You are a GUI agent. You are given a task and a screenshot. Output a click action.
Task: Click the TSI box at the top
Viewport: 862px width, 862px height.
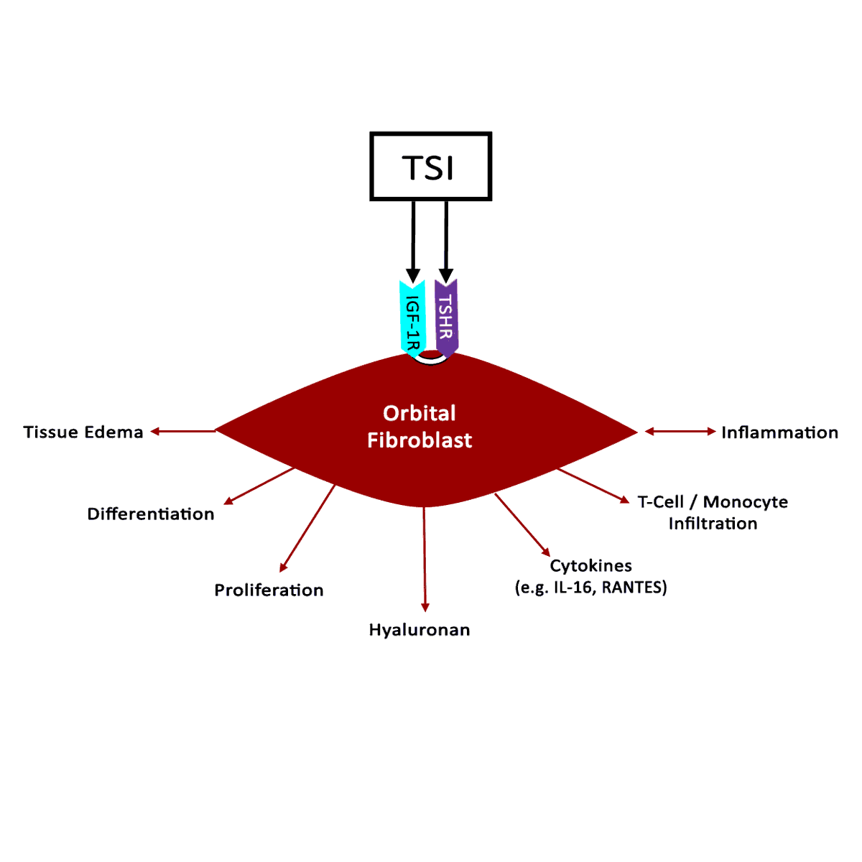(x=430, y=166)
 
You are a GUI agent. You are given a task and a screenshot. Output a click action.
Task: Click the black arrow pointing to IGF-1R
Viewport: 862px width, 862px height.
(x=413, y=241)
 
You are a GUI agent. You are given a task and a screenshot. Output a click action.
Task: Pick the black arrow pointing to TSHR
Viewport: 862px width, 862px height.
(x=446, y=241)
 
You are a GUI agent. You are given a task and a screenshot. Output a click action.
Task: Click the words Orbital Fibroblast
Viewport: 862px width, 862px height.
(x=420, y=426)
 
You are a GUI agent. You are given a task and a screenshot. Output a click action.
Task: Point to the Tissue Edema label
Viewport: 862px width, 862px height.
(x=83, y=432)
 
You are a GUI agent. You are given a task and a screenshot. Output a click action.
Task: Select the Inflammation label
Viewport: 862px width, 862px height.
(x=779, y=432)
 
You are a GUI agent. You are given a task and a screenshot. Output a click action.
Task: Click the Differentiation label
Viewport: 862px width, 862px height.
(x=151, y=514)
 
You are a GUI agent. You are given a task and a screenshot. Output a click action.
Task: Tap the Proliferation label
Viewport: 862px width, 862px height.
(x=269, y=590)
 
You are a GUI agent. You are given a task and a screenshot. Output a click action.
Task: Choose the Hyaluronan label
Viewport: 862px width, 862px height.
(x=420, y=630)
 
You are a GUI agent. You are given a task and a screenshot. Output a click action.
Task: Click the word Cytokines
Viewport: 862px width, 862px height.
(x=590, y=565)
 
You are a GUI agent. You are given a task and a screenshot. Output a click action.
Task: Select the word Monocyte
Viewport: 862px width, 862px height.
(x=745, y=501)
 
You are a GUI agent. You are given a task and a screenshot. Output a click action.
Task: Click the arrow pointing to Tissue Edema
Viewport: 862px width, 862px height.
(x=183, y=431)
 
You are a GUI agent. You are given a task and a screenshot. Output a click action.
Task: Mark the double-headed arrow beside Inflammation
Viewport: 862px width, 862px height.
(x=680, y=432)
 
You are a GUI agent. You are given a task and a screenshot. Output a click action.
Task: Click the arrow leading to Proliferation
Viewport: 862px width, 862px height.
(x=307, y=529)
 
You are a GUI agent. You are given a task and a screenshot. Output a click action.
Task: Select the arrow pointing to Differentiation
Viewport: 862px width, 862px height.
(x=259, y=486)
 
